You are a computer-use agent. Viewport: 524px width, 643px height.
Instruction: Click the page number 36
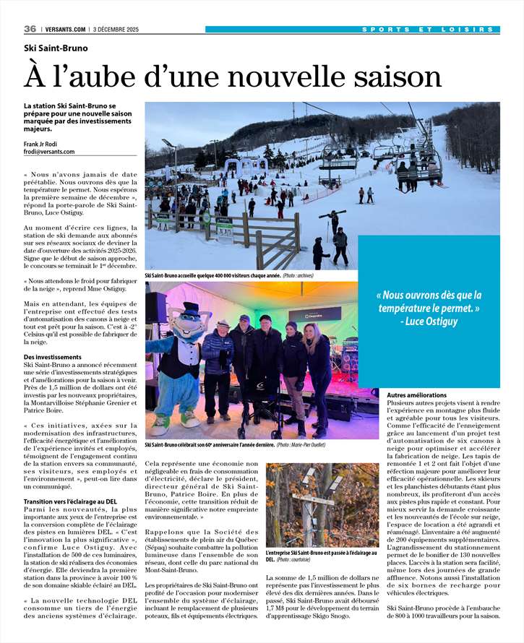30,29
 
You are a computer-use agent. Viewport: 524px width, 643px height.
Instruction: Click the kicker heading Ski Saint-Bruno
56,48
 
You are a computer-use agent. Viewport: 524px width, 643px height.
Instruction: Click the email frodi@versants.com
49,151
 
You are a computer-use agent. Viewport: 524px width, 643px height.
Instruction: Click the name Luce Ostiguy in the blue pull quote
438,321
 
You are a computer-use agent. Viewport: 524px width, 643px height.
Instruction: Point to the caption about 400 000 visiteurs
213,275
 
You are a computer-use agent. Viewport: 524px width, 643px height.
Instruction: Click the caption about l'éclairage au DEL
321,556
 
